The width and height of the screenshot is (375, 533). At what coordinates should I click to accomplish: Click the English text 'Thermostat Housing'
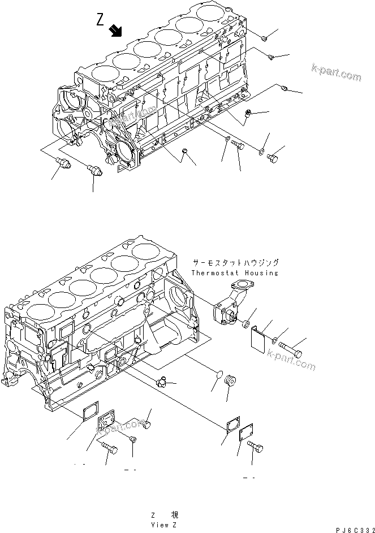pyautogui.click(x=235, y=272)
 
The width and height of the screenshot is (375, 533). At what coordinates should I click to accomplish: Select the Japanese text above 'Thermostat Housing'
pyautogui.click(x=235, y=263)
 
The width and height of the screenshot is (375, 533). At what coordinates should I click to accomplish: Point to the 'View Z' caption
pyautogui.click(x=164, y=525)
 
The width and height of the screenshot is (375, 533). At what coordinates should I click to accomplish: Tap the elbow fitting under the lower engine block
pyautogui.click(x=162, y=383)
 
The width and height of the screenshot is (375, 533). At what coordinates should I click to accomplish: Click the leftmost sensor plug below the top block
pyautogui.click(x=62, y=164)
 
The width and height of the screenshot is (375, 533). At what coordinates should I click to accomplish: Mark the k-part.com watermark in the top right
pyautogui.click(x=335, y=73)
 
